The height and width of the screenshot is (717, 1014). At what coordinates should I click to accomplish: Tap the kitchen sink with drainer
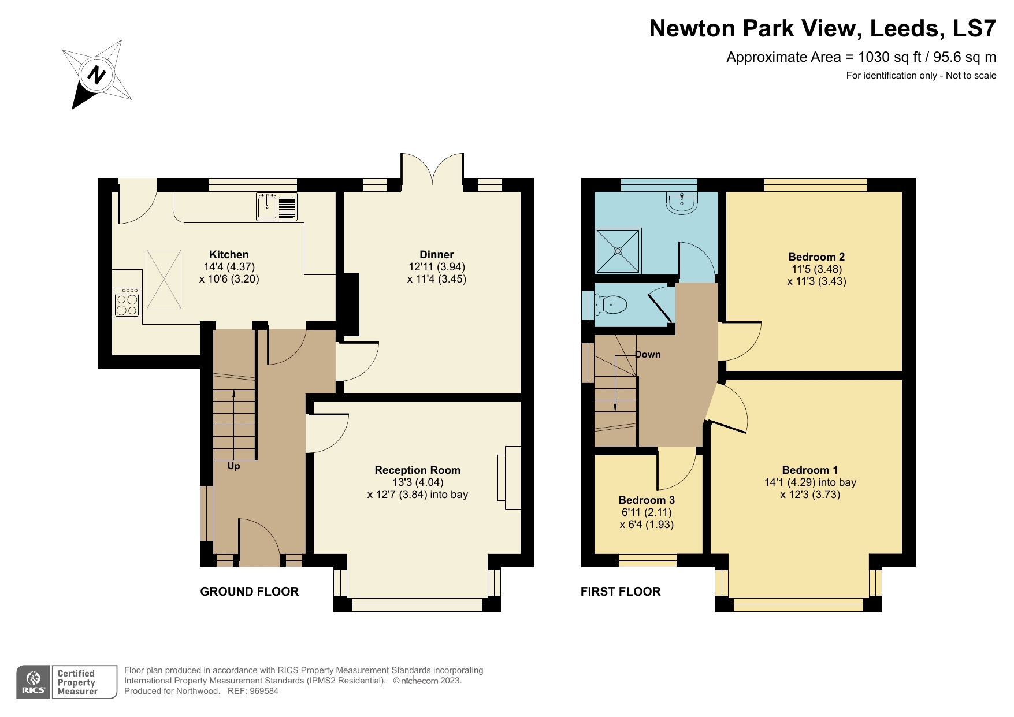[277, 207]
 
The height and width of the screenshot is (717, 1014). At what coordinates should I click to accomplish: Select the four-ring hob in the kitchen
[127, 303]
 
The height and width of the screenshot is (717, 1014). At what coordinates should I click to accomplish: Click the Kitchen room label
[229, 255]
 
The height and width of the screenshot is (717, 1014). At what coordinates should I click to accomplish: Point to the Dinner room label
[436, 255]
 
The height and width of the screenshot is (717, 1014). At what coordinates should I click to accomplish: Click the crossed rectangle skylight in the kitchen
[164, 279]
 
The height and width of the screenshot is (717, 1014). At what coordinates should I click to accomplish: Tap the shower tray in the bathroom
[618, 251]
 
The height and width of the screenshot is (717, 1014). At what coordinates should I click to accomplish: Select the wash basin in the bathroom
[682, 202]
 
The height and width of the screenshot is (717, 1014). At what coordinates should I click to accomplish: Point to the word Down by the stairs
[648, 355]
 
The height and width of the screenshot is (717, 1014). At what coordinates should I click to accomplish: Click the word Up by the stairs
[233, 466]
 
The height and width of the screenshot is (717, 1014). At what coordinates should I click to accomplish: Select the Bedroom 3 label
[647, 500]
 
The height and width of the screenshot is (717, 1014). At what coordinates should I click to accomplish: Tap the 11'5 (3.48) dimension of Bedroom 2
[816, 269]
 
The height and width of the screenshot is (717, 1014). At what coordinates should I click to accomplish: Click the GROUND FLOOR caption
[250, 592]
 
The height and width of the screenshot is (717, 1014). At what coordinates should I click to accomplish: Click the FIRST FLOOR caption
[621, 592]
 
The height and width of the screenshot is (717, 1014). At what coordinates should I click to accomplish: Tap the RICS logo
[34, 682]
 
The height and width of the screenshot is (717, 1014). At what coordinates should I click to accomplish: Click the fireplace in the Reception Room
[508, 478]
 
